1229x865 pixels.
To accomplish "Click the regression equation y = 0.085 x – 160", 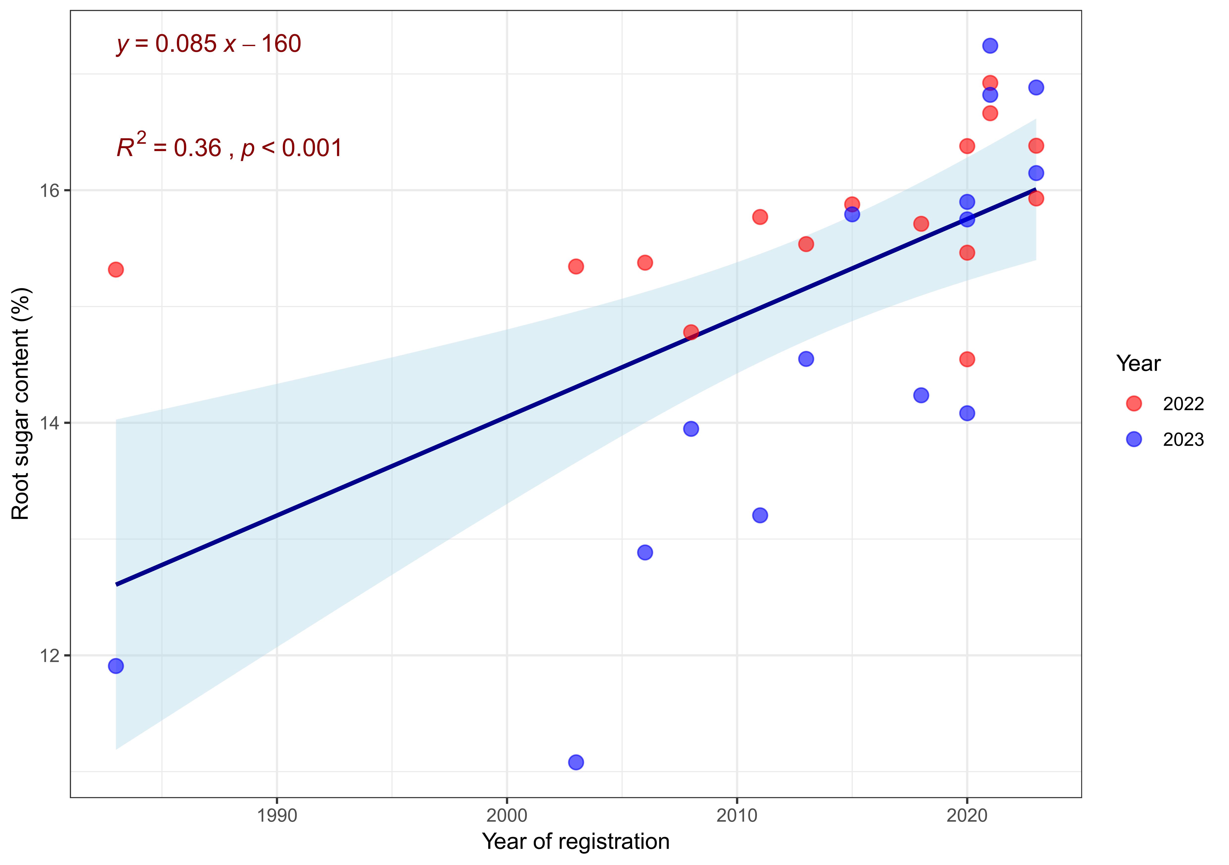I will [209, 44].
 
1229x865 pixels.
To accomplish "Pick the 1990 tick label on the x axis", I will [277, 816].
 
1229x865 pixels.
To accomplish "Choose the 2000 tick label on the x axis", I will [507, 816].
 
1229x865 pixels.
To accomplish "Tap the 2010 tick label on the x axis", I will [737, 816].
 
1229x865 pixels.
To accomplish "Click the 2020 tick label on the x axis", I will [967, 816].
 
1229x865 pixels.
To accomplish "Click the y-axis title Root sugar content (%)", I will [21, 404].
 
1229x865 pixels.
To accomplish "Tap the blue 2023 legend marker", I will [1134, 439].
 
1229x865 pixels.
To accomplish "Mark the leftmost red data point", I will [116, 269].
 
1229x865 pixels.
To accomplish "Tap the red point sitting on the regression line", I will [691, 332].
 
